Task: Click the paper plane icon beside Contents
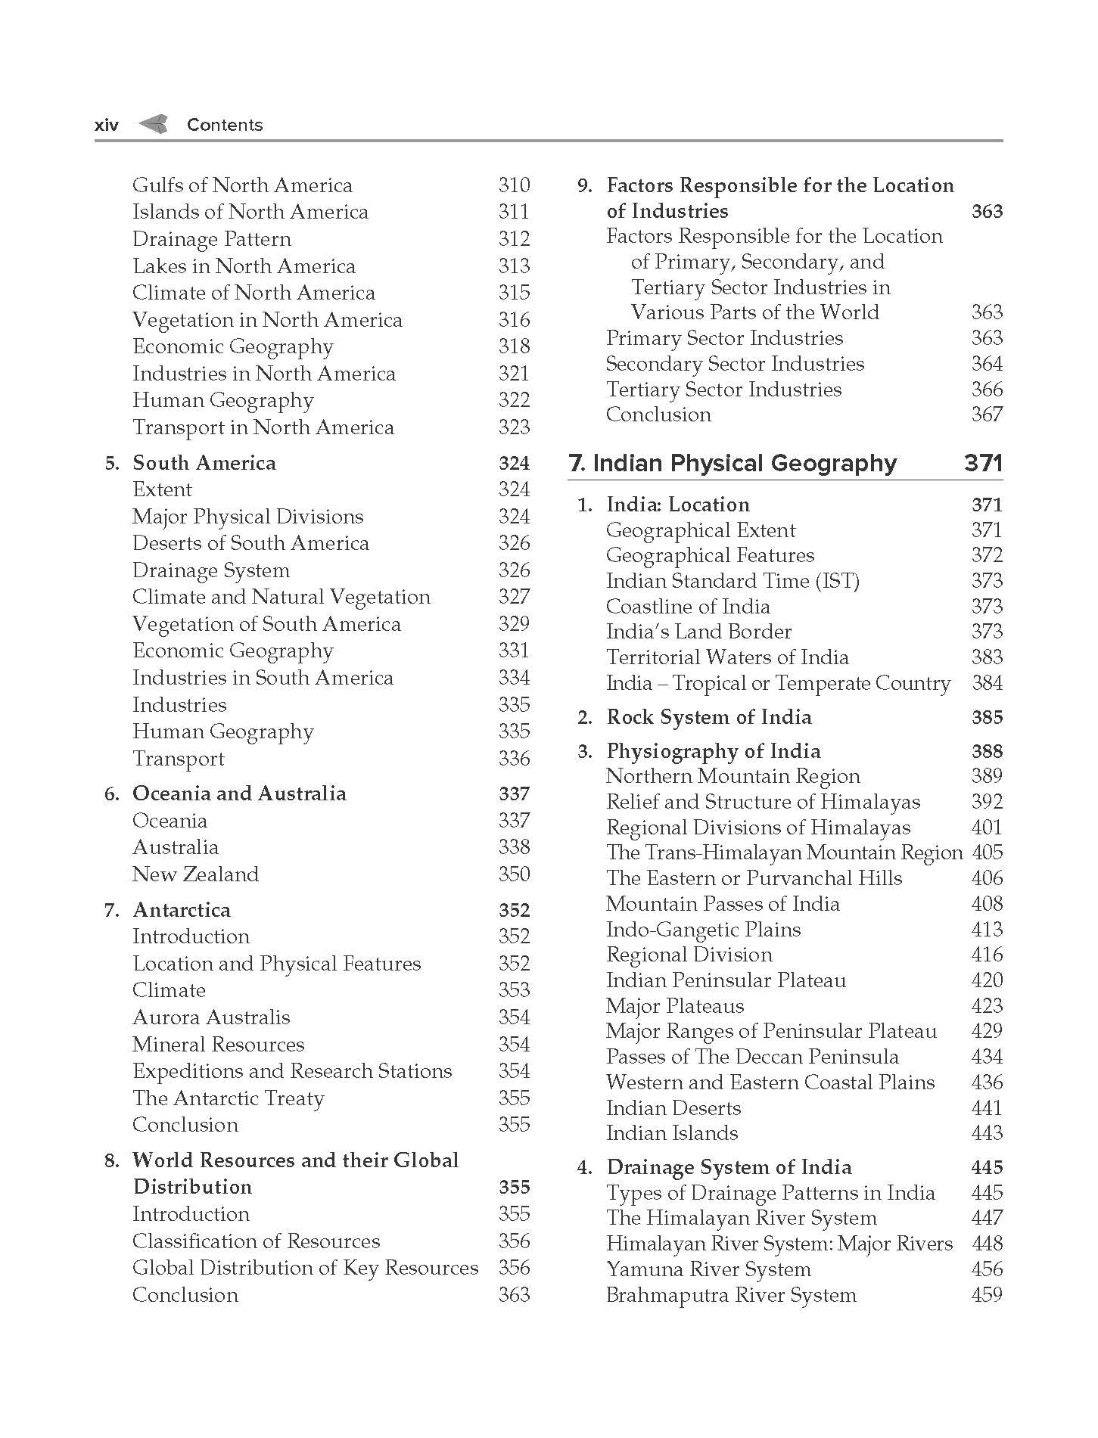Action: (153, 124)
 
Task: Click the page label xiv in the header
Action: (107, 126)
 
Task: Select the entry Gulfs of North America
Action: (242, 185)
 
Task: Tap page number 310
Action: (514, 185)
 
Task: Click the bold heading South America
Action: (204, 463)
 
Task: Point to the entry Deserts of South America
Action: (250, 543)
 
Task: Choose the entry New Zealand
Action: (195, 874)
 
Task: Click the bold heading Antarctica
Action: (182, 910)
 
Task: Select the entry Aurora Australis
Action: (211, 1017)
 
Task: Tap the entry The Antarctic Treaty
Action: (228, 1098)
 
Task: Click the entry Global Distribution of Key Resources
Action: (305, 1268)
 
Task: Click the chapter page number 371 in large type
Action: (983, 463)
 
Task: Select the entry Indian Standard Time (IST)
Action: (733, 581)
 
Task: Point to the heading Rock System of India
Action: (709, 717)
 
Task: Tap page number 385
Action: (987, 717)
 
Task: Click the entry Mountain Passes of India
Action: (723, 904)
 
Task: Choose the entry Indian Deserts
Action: (673, 1108)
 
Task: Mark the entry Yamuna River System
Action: (708, 1269)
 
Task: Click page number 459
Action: (987, 1295)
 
